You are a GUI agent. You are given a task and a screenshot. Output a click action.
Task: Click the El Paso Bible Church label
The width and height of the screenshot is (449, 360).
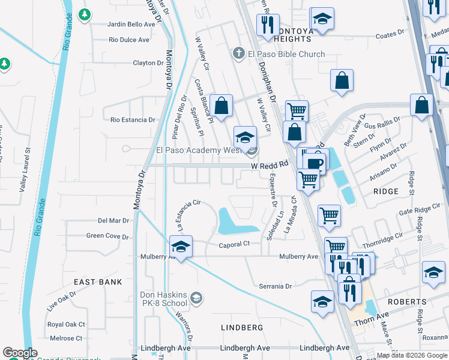(x=287, y=54)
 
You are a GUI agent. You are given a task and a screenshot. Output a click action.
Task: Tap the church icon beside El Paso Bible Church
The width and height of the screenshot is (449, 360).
(x=239, y=54)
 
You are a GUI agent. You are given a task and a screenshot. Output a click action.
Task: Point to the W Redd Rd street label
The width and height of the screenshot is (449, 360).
(x=270, y=164)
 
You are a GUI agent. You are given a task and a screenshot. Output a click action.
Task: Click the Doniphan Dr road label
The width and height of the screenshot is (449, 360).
(x=267, y=78)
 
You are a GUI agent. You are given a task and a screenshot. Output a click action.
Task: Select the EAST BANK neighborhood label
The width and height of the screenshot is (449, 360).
(x=98, y=281)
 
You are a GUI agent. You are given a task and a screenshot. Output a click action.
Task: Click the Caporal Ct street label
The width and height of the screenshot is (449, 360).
(x=234, y=245)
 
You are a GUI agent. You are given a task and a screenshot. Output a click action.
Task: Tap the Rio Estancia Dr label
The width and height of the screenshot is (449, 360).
(x=133, y=119)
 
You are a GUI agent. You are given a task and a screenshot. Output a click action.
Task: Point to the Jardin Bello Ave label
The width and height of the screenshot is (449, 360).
(x=131, y=25)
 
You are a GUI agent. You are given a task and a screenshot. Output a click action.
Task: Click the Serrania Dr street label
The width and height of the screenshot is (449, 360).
(x=276, y=286)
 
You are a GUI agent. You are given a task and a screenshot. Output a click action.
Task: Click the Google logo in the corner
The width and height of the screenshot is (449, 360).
(x=20, y=353)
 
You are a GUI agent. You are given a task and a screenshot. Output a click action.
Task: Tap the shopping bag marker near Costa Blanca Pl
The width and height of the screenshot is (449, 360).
(x=221, y=106)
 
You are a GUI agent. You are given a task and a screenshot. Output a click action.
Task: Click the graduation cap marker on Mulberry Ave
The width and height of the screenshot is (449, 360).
(x=181, y=247)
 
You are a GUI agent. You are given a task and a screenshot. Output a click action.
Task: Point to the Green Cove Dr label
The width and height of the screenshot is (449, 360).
(x=107, y=236)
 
